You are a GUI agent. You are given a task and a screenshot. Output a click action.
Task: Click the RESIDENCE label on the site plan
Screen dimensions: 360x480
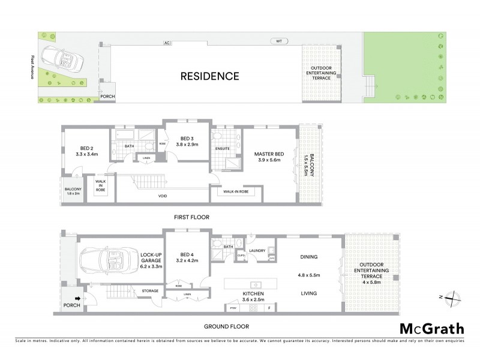click(x=210, y=76)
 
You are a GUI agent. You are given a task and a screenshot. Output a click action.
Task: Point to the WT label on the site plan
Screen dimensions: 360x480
click(x=279, y=42)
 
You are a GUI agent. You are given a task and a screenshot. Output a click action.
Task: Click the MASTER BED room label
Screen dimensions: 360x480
click(x=268, y=153)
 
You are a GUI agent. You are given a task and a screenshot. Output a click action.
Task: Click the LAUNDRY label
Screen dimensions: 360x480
click(x=258, y=251)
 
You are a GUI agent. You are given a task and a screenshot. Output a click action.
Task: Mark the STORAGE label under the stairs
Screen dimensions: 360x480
click(x=150, y=291)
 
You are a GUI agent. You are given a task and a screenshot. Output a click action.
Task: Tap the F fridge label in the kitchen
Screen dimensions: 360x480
click(x=269, y=308)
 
